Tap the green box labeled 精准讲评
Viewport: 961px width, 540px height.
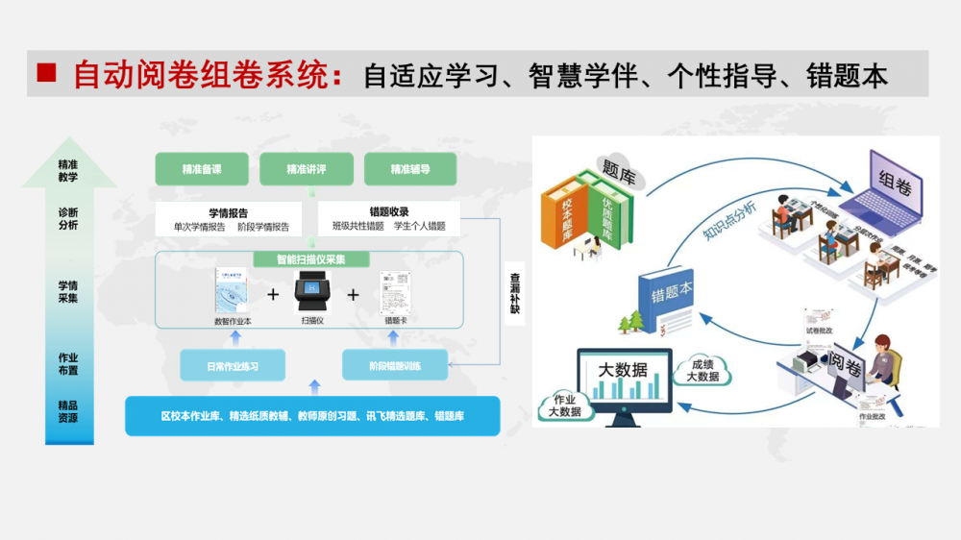pyautogui.click(x=307, y=170)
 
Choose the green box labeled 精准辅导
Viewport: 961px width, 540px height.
pyautogui.click(x=410, y=170)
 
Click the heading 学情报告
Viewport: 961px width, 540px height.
pyautogui.click(x=229, y=212)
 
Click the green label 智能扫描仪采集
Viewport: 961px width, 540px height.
pyautogui.click(x=311, y=259)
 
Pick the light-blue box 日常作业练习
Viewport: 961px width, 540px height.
pyautogui.click(x=233, y=366)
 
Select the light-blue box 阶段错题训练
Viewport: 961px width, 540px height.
pyautogui.click(x=395, y=366)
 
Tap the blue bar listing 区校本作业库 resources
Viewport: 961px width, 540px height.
pyautogui.click(x=312, y=416)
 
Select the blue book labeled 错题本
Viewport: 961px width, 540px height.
pyautogui.click(x=669, y=298)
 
